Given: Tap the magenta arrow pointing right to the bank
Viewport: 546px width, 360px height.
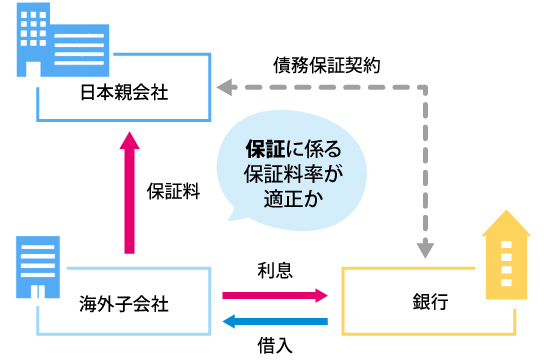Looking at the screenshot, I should pos(274,295).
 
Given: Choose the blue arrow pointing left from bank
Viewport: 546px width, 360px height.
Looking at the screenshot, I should pos(274,322).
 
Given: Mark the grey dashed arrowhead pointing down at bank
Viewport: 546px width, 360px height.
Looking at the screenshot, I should pos(427,249).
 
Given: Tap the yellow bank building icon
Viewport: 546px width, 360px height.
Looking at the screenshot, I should pos(506,255).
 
